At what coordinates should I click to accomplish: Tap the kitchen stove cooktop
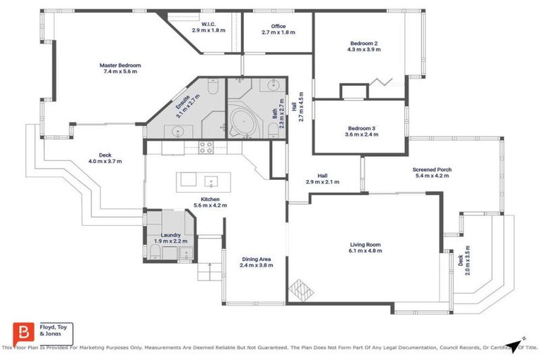tap(207, 148)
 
